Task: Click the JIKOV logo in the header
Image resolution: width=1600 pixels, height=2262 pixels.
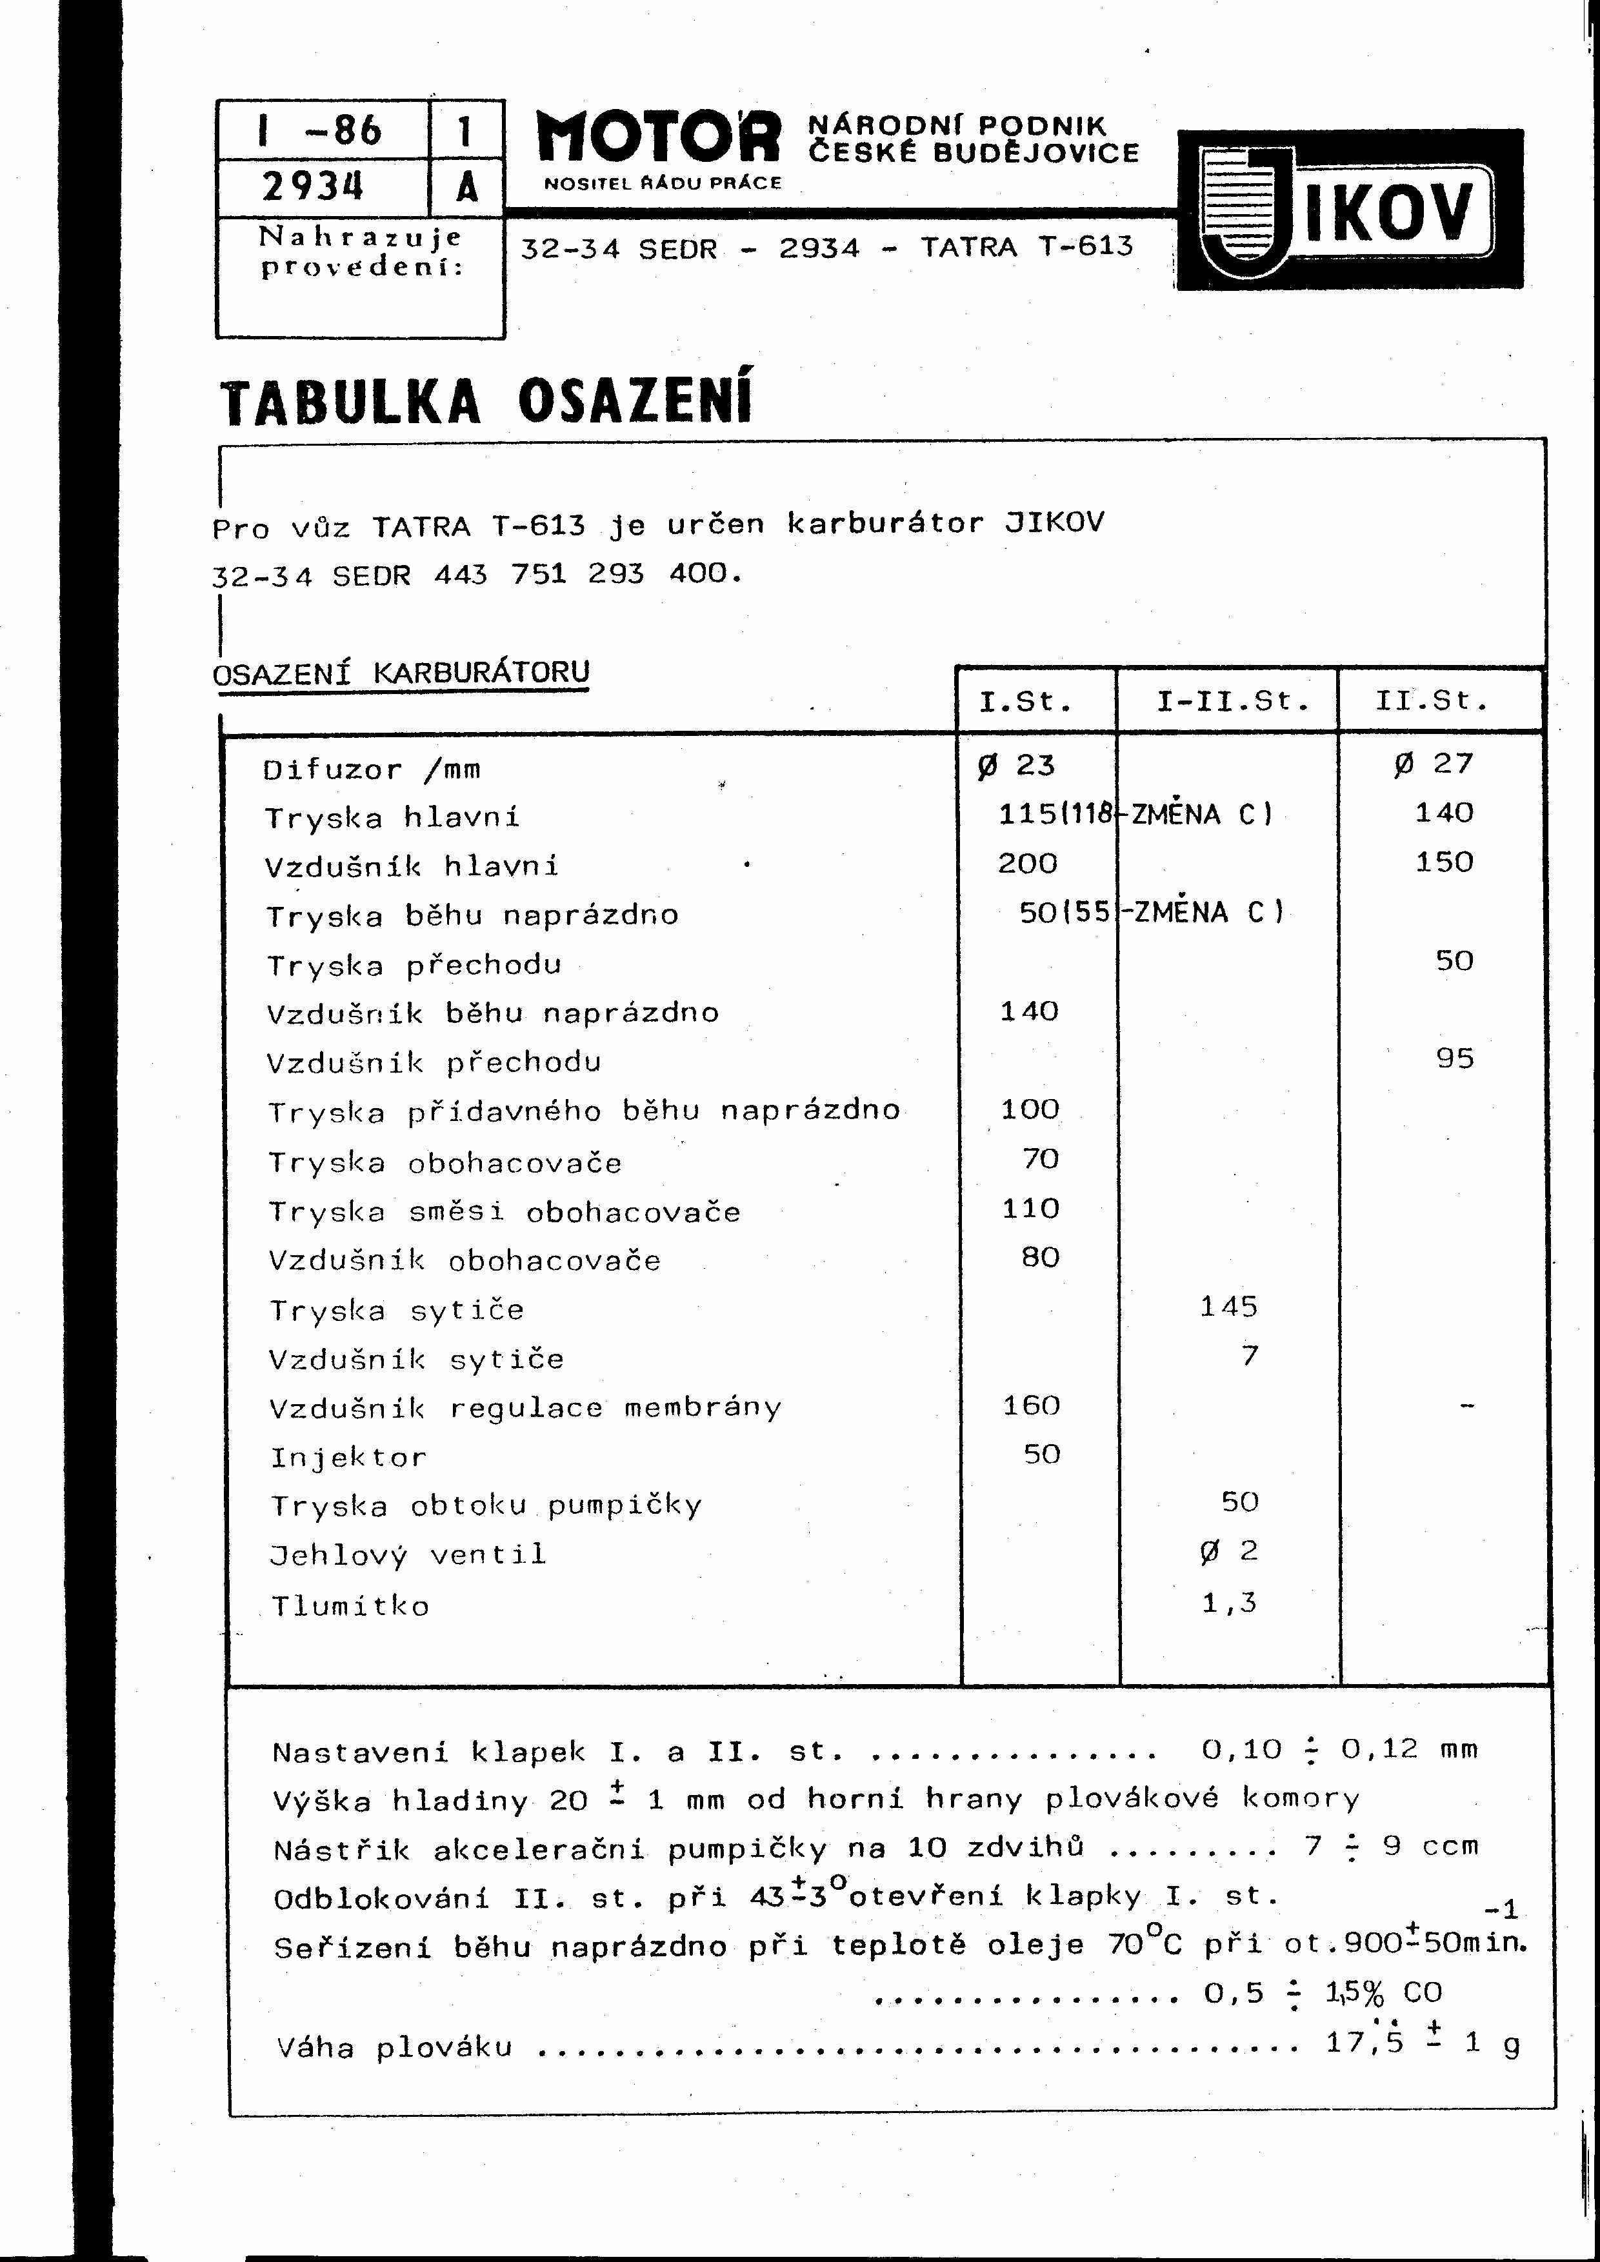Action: tap(1350, 210)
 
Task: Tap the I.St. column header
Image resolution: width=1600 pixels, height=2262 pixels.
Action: tap(1026, 702)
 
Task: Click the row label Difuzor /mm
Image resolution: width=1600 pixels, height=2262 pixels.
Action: tap(372, 769)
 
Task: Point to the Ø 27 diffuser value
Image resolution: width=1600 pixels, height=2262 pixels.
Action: tap(1434, 764)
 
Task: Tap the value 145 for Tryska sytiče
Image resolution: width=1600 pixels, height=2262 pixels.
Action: tap(1228, 1306)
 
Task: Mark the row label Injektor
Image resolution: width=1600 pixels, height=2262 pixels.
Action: tap(349, 1457)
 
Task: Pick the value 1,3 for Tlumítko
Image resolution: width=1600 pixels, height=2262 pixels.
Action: tap(1228, 1603)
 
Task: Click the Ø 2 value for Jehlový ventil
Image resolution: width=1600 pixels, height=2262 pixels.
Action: tap(1228, 1552)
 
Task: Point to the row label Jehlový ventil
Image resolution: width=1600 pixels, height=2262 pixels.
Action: tap(408, 1554)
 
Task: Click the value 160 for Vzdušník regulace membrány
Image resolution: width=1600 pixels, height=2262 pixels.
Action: tap(1030, 1405)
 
